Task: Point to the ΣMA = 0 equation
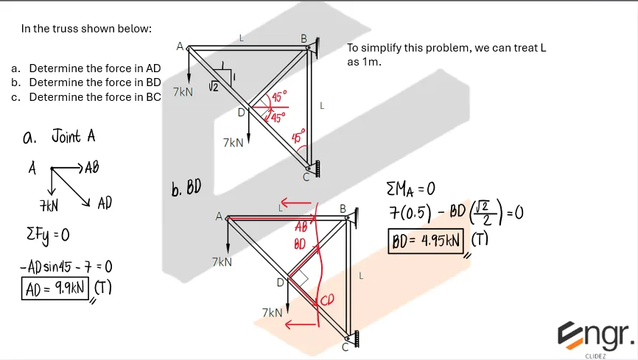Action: pyautogui.click(x=416, y=189)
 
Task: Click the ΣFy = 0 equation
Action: pyautogui.click(x=46, y=235)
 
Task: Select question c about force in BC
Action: pyautogui.click(x=87, y=97)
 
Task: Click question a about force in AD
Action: pyautogui.click(x=87, y=68)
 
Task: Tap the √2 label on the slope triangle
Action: pyautogui.click(x=214, y=87)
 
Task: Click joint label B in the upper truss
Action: pyautogui.click(x=304, y=38)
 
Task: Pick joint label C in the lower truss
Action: pyautogui.click(x=346, y=347)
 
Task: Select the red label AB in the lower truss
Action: pyautogui.click(x=301, y=227)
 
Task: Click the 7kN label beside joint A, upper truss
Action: pyautogui.click(x=183, y=92)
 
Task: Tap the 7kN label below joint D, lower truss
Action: pyautogui.click(x=272, y=313)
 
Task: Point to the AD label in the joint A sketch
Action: pyautogui.click(x=105, y=202)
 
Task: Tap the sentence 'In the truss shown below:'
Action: pyautogui.click(x=86, y=29)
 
